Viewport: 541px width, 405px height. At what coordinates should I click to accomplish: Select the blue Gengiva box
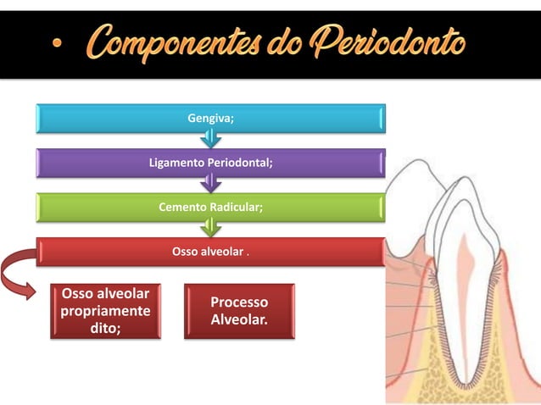210,119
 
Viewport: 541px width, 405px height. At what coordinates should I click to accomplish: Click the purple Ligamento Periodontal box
210,163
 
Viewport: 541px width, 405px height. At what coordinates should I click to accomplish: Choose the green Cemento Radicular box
210,207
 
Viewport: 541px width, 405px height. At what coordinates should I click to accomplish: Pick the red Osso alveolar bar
210,251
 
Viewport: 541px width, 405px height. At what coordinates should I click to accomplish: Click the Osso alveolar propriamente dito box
105,311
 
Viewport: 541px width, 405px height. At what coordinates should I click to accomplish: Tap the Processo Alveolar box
239,312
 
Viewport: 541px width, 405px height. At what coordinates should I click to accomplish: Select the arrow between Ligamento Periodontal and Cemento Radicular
210,183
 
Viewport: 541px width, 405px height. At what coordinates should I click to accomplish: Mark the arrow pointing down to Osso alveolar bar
210,227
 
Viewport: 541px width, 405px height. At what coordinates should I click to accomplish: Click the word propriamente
105,311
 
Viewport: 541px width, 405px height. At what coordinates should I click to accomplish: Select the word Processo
239,302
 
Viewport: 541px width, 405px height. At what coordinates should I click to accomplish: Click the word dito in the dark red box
105,328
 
